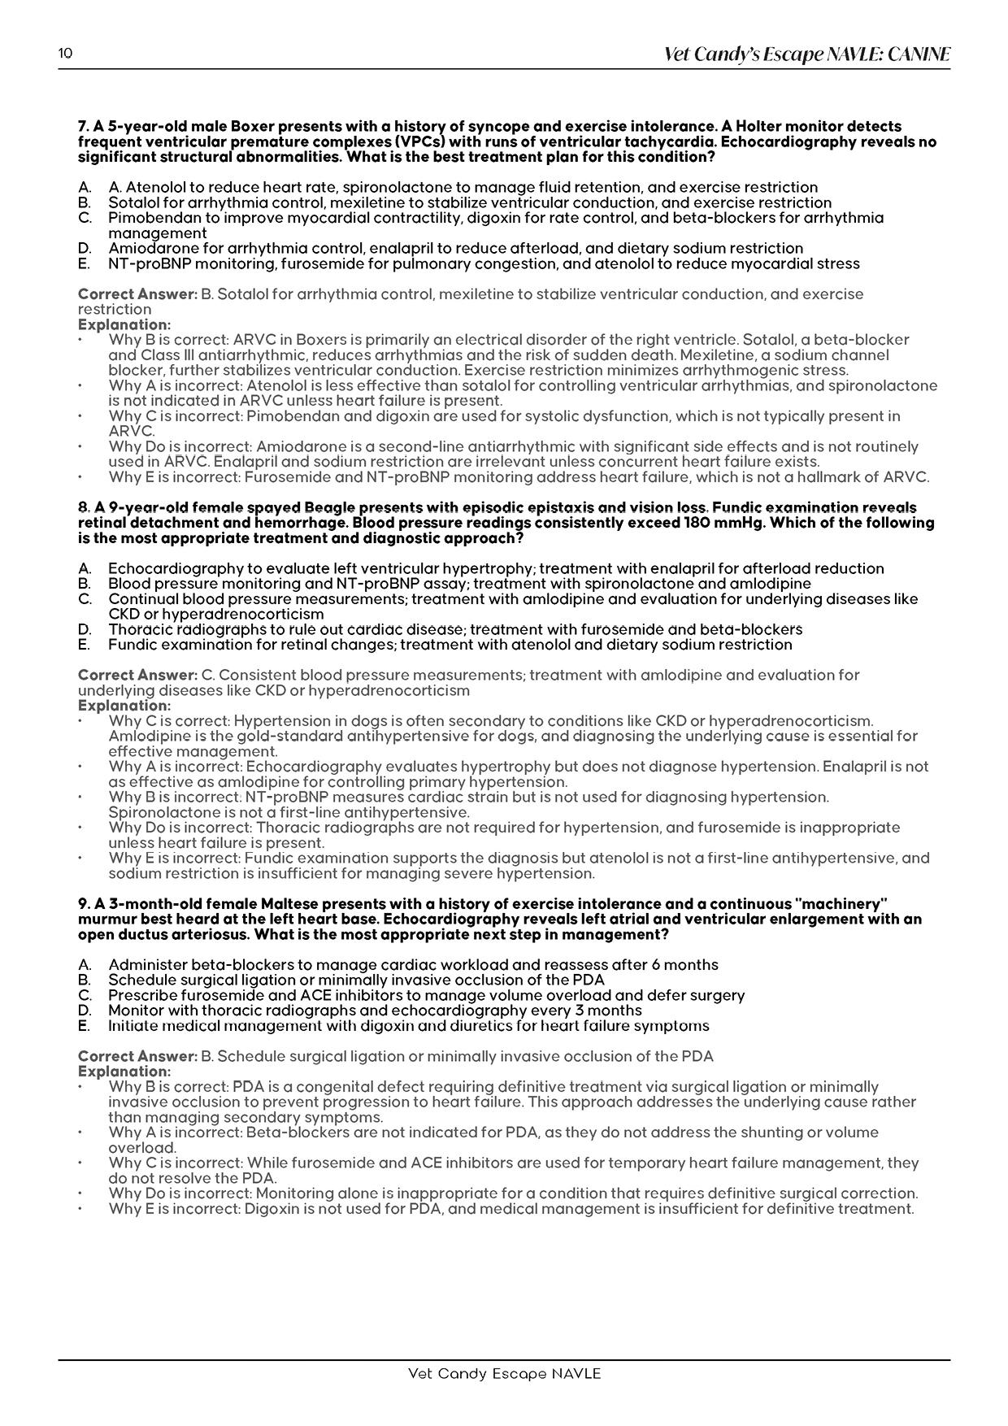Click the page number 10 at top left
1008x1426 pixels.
tap(65, 54)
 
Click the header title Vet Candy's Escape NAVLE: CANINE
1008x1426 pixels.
tap(807, 54)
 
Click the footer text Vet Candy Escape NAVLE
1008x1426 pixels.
tap(504, 1373)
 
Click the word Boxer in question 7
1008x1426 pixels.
tap(253, 127)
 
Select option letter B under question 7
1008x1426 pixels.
tap(84, 202)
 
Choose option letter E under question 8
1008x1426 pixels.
tap(84, 645)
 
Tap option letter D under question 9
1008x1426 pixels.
tap(84, 1011)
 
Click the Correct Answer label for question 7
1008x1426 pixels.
tap(137, 293)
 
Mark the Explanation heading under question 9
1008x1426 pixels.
tap(124, 1072)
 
